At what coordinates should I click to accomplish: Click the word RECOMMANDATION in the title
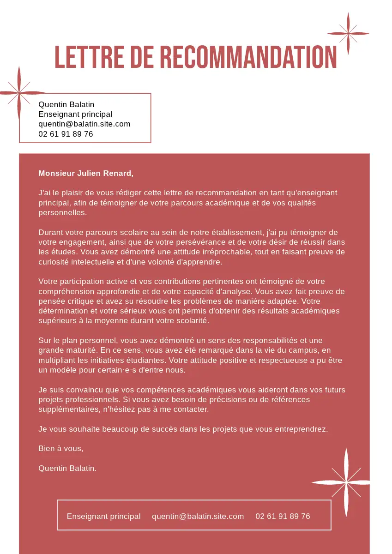point(248,57)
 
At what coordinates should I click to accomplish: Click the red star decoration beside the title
point(348,33)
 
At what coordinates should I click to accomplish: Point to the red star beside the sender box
point(19,93)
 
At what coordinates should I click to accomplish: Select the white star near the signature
point(345,482)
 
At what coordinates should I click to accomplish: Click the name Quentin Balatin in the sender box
point(66,104)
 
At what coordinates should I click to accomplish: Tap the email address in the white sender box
point(84,124)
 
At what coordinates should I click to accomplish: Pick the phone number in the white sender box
point(66,134)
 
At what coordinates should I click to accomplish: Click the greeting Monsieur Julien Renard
point(86,173)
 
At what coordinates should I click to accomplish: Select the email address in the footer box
point(198,516)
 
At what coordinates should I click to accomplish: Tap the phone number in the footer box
point(283,516)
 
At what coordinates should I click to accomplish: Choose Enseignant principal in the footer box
point(103,516)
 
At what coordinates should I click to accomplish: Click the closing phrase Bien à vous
point(60,448)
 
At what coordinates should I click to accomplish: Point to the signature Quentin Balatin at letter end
point(67,468)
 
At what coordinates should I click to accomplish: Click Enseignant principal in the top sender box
point(75,114)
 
